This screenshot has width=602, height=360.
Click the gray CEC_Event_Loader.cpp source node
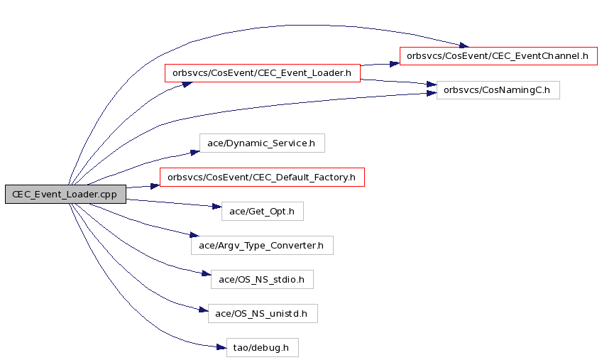65,194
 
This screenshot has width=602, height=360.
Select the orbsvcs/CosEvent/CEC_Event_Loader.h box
263,73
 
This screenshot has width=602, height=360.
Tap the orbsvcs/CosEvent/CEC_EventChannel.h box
498,56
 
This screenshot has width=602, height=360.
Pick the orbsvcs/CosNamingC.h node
498,90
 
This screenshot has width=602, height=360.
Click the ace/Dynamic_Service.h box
262,143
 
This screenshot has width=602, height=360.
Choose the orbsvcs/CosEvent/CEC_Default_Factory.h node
262,177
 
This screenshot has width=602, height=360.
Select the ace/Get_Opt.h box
262,212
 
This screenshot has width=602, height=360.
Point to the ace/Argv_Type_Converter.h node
262,245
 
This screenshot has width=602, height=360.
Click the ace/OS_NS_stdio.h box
262,279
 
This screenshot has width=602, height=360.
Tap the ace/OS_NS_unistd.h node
263,314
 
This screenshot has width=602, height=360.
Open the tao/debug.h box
262,347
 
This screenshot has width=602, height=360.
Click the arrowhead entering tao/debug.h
221,347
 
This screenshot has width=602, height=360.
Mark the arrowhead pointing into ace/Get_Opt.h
217,207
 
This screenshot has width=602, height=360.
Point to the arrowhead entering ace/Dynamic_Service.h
195,153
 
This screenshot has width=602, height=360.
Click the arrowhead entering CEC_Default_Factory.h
155,186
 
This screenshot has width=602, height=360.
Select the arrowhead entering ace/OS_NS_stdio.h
206,273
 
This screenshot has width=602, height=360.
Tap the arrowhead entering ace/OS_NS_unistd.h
204,310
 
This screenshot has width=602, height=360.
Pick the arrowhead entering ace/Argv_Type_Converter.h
195,235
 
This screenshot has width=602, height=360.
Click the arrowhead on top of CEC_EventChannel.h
464,45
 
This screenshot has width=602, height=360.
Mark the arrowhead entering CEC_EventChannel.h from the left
395,64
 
